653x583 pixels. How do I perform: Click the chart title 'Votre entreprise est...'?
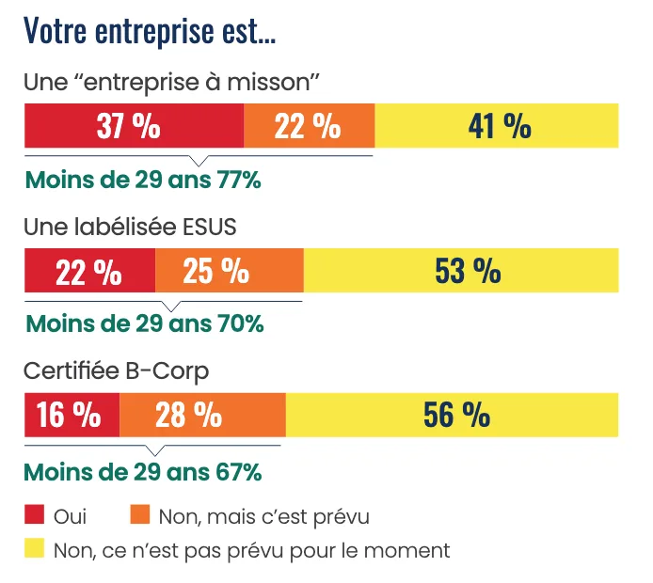(x=150, y=31)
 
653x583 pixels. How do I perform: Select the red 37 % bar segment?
(x=133, y=126)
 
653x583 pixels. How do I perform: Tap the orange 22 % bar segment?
(x=309, y=126)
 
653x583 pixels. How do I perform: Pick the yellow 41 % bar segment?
(x=496, y=126)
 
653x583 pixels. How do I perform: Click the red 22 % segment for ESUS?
(x=89, y=271)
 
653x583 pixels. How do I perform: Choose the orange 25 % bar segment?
(x=229, y=271)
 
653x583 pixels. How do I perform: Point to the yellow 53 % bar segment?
(x=461, y=271)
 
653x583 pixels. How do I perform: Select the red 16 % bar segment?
(x=72, y=415)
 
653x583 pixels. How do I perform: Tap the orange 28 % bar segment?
(x=202, y=415)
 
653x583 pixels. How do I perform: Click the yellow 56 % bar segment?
(x=452, y=415)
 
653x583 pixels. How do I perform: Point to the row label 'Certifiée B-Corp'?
(x=116, y=370)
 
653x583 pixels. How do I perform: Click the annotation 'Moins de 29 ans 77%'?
(x=142, y=180)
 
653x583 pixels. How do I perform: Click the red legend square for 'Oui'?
(x=35, y=514)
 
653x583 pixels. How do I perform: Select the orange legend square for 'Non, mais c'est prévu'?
(x=139, y=514)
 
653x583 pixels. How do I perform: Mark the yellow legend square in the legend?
(x=35, y=548)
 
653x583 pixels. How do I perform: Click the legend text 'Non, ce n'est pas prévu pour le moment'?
(x=252, y=549)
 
